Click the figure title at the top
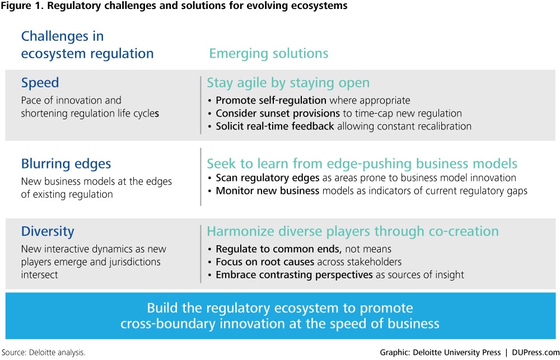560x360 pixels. coord(174,6)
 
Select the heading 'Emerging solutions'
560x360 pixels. coord(269,54)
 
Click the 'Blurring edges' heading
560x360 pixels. coord(66,164)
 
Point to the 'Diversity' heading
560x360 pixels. coord(48,231)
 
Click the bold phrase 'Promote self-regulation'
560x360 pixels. coord(271,100)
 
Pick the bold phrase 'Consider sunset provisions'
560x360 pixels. coord(278,113)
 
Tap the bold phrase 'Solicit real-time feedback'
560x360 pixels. coord(275,126)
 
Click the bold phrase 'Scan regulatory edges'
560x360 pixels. coord(268,177)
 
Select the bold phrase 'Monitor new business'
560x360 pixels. coord(268,191)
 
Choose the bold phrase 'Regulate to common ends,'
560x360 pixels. coord(279,249)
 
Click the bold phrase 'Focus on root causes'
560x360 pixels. coord(265,262)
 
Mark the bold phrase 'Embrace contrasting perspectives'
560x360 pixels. coord(295,275)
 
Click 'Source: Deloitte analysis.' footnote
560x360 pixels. coord(43,353)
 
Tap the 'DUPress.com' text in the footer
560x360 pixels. coord(536,353)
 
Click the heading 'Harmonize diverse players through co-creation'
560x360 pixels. coord(353,231)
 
